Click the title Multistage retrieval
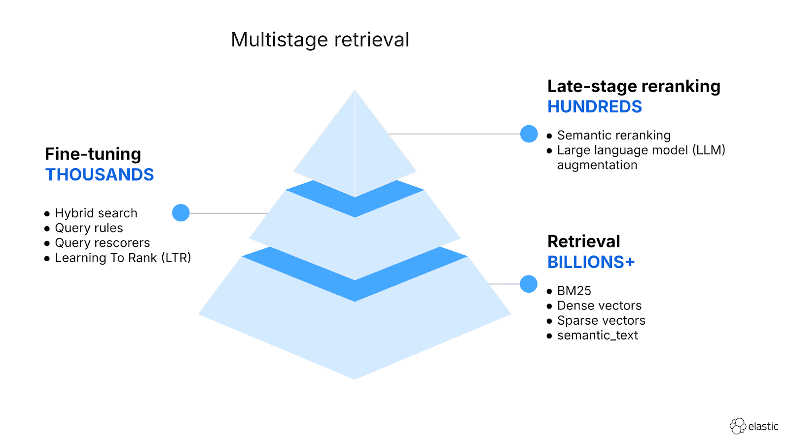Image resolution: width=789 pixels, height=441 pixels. coord(320,40)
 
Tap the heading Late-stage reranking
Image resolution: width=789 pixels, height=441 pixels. coord(633,86)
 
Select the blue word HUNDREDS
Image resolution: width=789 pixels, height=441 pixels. coord(594,107)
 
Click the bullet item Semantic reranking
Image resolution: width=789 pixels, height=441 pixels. coord(613,136)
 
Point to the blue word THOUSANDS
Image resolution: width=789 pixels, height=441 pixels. coord(100,175)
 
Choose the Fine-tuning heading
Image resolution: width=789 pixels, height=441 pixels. coord(93,154)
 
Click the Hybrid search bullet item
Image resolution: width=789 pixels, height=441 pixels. coord(96,213)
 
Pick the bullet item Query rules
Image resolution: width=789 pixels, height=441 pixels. coord(89,228)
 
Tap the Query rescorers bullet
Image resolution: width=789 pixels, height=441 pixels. coord(102,243)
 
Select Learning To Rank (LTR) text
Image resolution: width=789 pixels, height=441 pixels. coord(123,258)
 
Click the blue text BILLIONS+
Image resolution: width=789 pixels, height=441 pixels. coord(591,262)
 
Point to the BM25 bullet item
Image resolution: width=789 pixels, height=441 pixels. coord(574,291)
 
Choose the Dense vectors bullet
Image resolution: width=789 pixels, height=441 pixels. coord(599,306)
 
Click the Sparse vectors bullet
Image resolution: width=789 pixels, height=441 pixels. coord(601,321)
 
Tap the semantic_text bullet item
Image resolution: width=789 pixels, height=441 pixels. coord(597,336)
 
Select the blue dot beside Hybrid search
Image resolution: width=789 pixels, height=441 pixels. coord(181,213)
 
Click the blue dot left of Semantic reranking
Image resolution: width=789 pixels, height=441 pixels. coord(529,134)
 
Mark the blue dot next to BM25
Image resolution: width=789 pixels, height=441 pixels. coord(528,284)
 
